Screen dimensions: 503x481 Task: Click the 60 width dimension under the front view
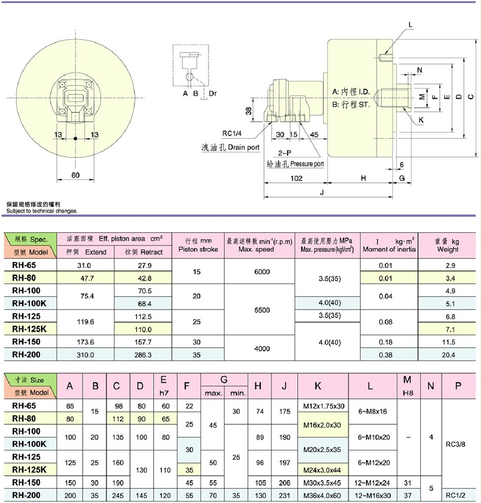pyautogui.click(x=76, y=175)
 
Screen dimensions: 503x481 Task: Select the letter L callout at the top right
pyautogui.click(x=410, y=24)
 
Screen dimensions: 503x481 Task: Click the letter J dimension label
pyautogui.click(x=322, y=193)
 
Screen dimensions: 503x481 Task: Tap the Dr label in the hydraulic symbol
pyautogui.click(x=213, y=94)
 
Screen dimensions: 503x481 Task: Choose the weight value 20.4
pyautogui.click(x=447, y=355)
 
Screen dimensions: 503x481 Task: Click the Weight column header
pyautogui.click(x=447, y=245)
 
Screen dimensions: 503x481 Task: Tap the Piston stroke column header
pyautogui.click(x=198, y=245)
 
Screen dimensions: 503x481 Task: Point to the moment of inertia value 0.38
pyautogui.click(x=389, y=355)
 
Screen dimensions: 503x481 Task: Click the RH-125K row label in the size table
pyautogui.click(x=29, y=469)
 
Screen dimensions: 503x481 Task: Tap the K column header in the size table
pyautogui.click(x=318, y=386)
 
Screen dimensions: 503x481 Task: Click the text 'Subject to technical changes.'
pyautogui.click(x=42, y=211)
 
